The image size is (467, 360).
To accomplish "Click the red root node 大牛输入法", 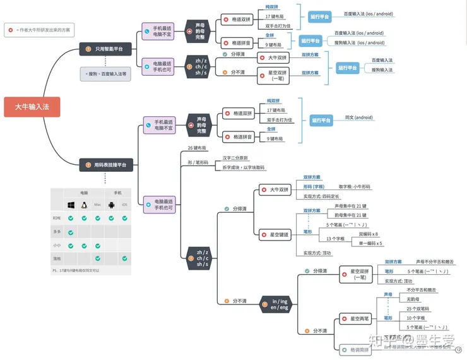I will click(x=32, y=107).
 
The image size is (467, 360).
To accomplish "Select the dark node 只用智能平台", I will click(x=105, y=48).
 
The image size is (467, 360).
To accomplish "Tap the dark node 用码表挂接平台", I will click(x=105, y=165).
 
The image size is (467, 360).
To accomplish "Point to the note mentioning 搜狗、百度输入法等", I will click(x=106, y=73).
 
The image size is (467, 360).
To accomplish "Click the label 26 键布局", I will click(x=198, y=148).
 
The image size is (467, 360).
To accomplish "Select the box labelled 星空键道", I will click(x=276, y=235).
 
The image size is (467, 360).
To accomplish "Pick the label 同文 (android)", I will click(x=359, y=117).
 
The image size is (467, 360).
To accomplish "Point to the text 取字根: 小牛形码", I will click(x=355, y=187).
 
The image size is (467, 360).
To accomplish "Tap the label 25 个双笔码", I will click(x=418, y=309).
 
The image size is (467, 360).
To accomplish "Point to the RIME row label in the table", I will click(x=57, y=218).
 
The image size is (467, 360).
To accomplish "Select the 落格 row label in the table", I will click(x=57, y=258).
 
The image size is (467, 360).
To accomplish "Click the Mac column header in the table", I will click(x=97, y=205).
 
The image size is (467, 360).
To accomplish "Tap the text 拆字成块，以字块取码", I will click(x=244, y=167).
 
